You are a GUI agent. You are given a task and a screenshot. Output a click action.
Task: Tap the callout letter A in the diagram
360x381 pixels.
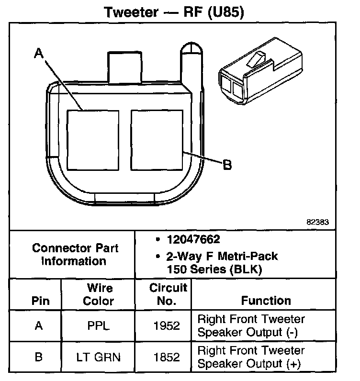coord(39,54)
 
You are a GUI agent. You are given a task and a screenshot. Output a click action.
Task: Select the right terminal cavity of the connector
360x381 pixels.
coord(157,140)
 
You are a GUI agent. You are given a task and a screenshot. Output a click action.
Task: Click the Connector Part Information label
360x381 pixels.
coord(75,255)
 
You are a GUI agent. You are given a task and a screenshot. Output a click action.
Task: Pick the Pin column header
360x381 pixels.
coord(40,301)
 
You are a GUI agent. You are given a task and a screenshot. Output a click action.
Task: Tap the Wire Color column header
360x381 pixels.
coord(99,294)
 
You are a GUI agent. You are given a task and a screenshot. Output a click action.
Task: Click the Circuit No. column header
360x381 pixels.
coord(168,294)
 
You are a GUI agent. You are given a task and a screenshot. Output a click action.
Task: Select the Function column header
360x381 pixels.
coord(266,301)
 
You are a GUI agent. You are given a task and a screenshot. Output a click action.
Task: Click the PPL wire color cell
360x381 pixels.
coord(99,326)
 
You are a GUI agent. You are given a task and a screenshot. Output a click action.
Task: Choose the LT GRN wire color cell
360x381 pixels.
coord(99,357)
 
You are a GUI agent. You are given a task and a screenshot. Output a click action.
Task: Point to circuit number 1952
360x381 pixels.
coord(167,326)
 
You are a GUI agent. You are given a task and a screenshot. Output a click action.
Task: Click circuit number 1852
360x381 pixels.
coord(167,357)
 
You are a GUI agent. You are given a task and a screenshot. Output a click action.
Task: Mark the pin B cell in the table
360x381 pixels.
coord(39,357)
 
